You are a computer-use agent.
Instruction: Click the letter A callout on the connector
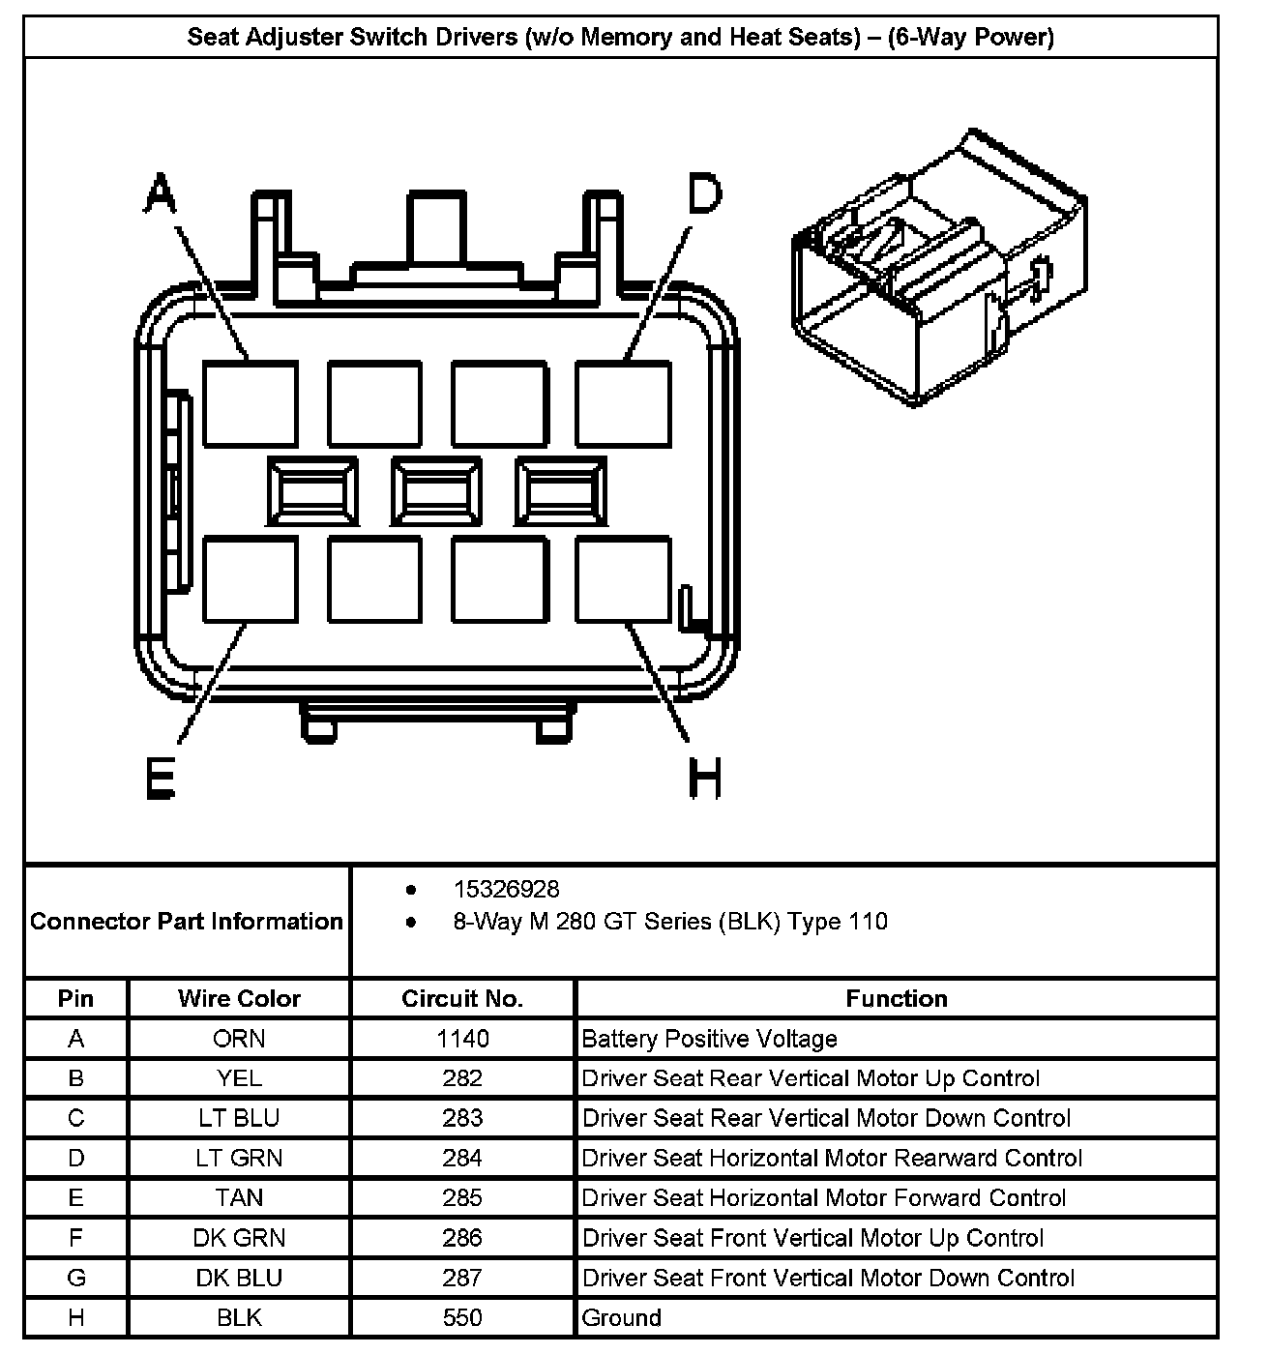point(161,192)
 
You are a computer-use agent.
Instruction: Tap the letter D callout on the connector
point(705,192)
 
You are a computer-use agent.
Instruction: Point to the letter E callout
point(161,778)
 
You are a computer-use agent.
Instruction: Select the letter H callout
point(705,778)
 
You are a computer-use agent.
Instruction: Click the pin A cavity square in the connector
point(250,403)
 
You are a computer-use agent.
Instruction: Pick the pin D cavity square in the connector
point(624,403)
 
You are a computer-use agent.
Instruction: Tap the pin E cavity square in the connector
point(250,579)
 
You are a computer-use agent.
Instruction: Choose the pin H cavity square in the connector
point(624,579)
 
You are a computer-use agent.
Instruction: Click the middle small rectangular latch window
point(436,492)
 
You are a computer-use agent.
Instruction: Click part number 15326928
point(507,890)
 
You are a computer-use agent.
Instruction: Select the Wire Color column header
point(239,998)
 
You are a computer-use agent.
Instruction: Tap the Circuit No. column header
point(462,998)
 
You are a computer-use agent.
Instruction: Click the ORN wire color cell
point(239,1039)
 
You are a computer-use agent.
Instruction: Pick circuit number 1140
point(462,1039)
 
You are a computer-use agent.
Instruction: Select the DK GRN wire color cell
point(239,1238)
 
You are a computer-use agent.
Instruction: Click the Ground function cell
point(622,1317)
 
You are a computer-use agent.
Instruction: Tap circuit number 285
point(462,1198)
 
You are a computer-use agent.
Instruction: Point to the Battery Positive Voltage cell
point(710,1039)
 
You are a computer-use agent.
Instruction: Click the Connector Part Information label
point(187,921)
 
